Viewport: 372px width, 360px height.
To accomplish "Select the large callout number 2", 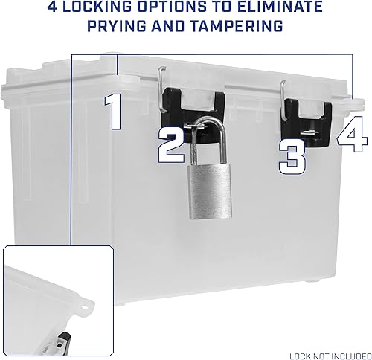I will pos(171,144).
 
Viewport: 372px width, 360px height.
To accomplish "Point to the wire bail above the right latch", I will pos(285,94).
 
